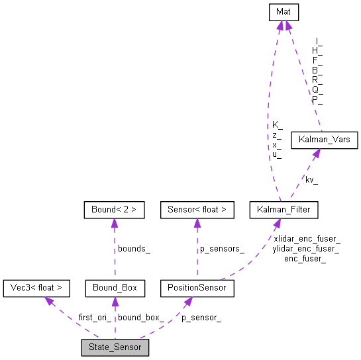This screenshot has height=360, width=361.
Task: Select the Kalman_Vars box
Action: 324,140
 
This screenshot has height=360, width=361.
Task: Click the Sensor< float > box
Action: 197,210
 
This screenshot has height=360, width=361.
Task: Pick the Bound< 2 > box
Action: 115,210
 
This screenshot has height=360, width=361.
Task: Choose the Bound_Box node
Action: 115,287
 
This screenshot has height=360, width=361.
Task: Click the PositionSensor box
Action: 197,287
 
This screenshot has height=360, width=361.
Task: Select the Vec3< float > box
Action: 36,287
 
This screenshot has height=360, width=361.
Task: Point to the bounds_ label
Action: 134,249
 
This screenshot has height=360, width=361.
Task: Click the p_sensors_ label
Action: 223,249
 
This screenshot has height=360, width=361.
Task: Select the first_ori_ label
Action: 95,317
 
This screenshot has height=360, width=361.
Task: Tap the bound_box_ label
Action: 140,317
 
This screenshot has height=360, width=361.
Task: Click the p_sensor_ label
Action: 201,317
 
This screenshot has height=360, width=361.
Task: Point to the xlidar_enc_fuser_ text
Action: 307,238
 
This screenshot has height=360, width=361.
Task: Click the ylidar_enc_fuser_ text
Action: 307,248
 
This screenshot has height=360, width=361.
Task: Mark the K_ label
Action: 277,124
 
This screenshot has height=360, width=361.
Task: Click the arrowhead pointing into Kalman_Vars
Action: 316,153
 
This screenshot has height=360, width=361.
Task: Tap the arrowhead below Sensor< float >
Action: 197,223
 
